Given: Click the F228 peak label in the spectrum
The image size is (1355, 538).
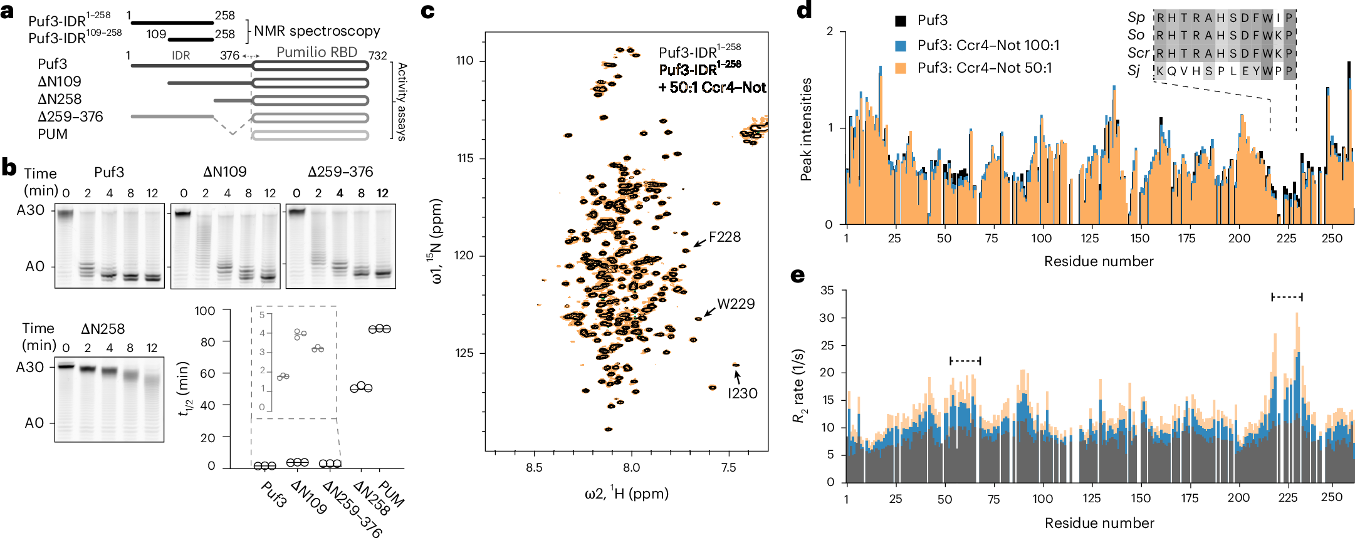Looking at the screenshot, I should (725, 237).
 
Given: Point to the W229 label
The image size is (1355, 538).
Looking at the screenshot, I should (736, 304).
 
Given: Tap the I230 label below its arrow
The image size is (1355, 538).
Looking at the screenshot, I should (742, 394).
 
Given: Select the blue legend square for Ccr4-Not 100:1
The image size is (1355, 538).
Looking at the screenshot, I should (901, 45).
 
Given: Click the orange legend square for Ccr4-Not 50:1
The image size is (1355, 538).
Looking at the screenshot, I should (901, 68).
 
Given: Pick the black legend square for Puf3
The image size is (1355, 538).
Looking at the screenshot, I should (901, 21).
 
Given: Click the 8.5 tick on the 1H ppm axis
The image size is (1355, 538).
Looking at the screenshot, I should (534, 467).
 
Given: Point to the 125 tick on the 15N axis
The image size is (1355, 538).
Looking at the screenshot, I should (465, 353).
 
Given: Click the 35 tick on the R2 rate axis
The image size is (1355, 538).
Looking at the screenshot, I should (827, 291).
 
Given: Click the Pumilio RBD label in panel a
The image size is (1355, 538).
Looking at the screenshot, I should (317, 53).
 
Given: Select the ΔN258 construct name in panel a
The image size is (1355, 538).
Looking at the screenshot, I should (60, 99).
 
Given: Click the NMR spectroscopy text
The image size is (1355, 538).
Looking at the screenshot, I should (317, 31).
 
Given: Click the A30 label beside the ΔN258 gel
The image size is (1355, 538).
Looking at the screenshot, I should (30, 367).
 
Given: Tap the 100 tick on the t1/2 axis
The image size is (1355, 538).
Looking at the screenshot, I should (205, 311).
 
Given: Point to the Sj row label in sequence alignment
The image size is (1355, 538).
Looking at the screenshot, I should (1134, 71).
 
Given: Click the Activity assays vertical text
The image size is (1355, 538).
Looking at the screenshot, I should (402, 101).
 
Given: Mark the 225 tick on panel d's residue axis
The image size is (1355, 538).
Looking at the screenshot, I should (1286, 239).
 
